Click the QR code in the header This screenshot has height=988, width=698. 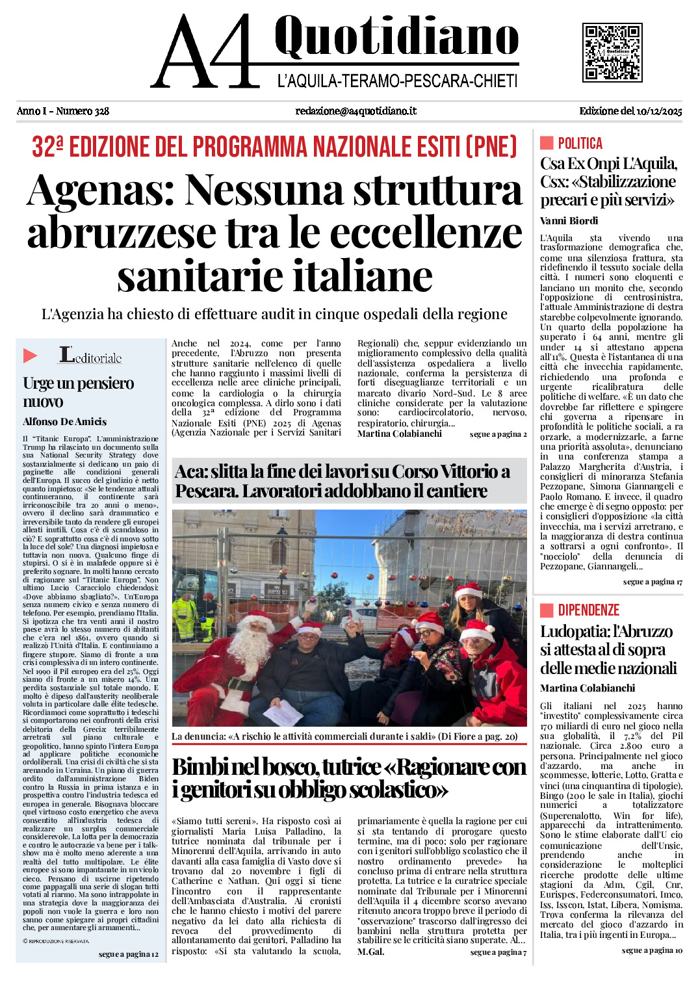pos(612,53)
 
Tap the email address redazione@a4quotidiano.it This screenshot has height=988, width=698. pos(355,111)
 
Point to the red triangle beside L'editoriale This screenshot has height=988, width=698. pos(31,356)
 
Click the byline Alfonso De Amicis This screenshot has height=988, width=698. pos(64,422)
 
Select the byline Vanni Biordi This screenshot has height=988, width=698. pos(569,221)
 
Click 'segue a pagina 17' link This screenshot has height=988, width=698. pos(652,582)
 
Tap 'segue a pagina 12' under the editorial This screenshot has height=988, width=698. pos(128,954)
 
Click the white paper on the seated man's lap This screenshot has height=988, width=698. pos(283,713)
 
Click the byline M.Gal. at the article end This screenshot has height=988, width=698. pos(370,952)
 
